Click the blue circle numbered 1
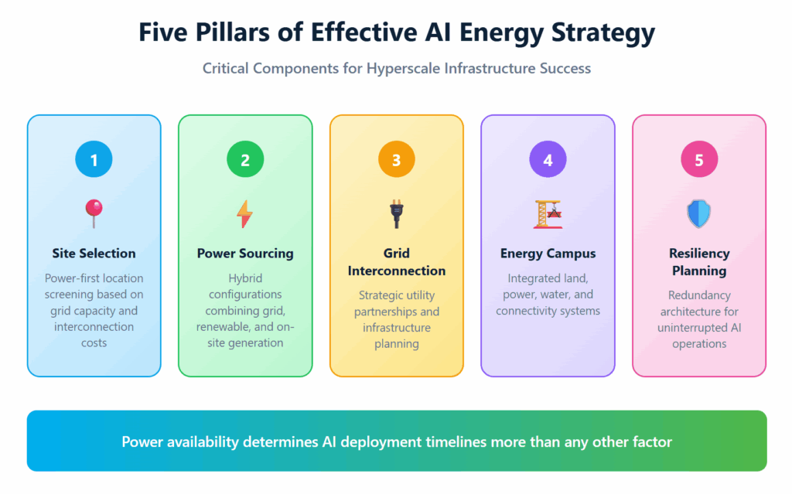(94, 160)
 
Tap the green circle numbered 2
(245, 160)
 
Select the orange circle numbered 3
(397, 160)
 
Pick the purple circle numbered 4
(548, 160)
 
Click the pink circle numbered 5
(699, 160)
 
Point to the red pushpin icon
(94, 213)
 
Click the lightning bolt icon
(244, 213)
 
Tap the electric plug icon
(397, 213)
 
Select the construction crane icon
(548, 213)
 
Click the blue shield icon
(699, 213)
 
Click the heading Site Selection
(94, 254)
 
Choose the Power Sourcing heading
(245, 254)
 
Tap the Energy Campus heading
(548, 254)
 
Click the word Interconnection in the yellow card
(397, 271)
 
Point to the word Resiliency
(699, 254)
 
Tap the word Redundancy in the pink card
(699, 295)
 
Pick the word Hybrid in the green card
(245, 278)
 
